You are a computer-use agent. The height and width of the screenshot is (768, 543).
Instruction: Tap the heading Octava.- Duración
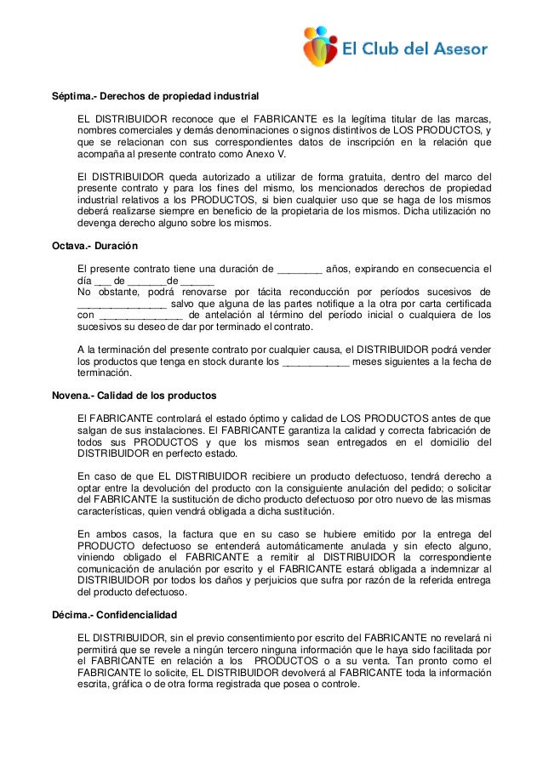pos(94,247)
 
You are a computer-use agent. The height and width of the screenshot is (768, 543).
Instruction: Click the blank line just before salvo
pos(121,304)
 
